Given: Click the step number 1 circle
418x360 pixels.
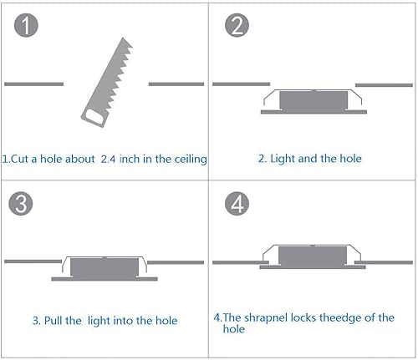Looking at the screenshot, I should tap(28, 26).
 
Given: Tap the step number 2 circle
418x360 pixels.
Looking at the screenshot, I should tap(237, 26).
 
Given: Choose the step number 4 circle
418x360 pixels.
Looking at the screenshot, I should tap(237, 205).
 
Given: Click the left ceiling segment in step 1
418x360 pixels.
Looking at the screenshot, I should tap(33, 84).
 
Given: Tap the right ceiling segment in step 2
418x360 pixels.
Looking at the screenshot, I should tap(384, 84).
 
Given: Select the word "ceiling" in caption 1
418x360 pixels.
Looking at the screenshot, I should tap(189, 158).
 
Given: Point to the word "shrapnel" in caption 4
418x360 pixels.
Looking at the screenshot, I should tap(266, 317).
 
